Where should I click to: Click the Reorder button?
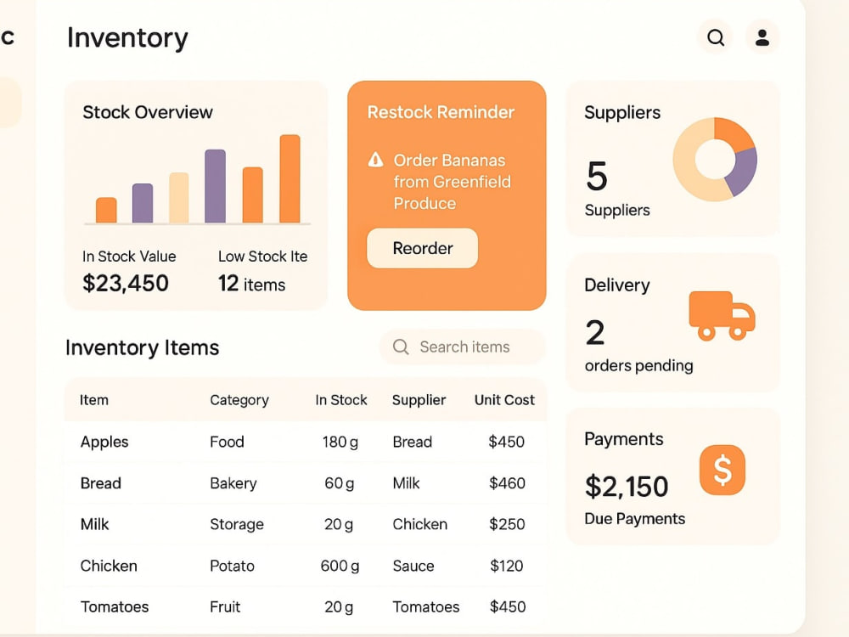point(422,248)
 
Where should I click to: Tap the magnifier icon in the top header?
point(715,37)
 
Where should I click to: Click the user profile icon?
point(762,37)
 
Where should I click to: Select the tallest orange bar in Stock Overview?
point(290,178)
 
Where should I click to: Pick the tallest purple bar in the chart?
point(215,186)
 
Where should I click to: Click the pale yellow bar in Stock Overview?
point(179,198)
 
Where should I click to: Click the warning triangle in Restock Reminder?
point(376,160)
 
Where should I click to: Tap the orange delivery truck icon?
point(722,316)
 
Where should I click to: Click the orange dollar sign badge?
point(722,470)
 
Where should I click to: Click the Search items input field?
point(463,347)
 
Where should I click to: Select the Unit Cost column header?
point(504,400)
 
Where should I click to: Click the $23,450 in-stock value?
point(126,284)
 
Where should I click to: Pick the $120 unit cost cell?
point(507,566)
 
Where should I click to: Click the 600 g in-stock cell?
point(340,566)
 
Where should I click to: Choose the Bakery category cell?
point(233,483)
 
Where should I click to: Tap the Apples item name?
point(104,442)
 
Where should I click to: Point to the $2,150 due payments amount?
point(627,487)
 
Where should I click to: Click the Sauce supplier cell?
point(413,566)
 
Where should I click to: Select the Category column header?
point(239,400)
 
